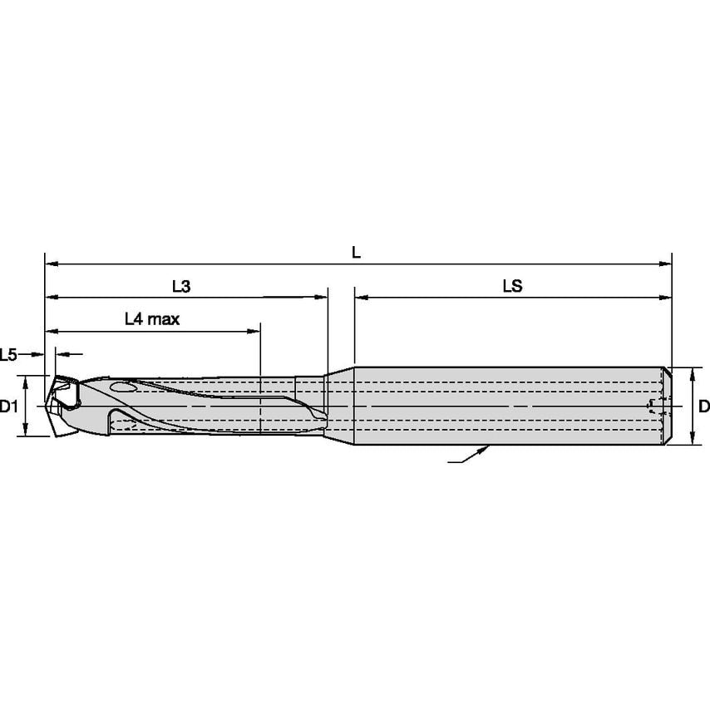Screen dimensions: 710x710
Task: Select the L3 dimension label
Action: point(181,286)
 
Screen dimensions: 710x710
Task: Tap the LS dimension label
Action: point(512,286)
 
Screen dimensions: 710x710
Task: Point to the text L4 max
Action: point(152,318)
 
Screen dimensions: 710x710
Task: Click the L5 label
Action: point(9,355)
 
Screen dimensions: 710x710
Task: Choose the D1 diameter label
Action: point(9,407)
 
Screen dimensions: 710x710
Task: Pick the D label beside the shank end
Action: point(703,407)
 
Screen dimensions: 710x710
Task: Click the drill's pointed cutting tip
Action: point(47,407)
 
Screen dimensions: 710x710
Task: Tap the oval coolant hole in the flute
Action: point(125,387)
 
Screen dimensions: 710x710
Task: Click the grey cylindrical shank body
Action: point(507,406)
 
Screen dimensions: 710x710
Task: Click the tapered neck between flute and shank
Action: point(339,406)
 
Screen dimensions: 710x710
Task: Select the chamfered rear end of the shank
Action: point(668,406)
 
